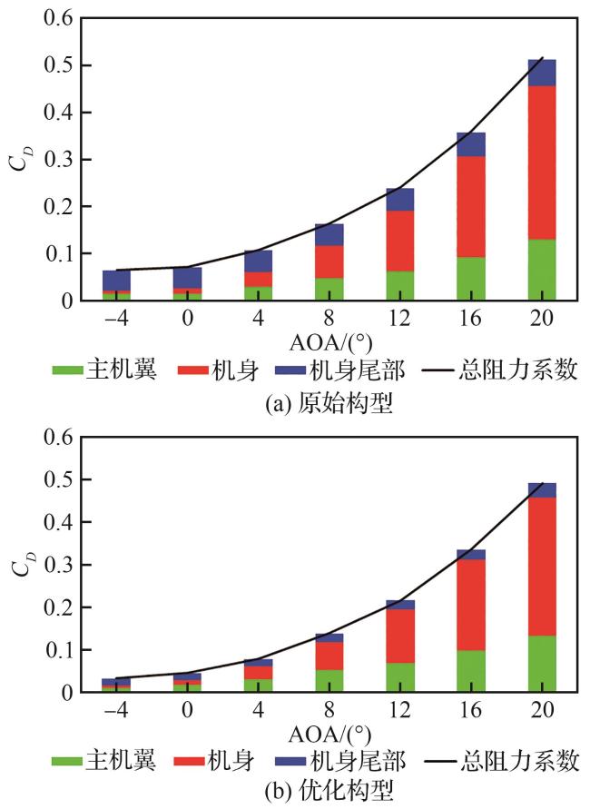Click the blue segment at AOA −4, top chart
pos(116,280)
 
